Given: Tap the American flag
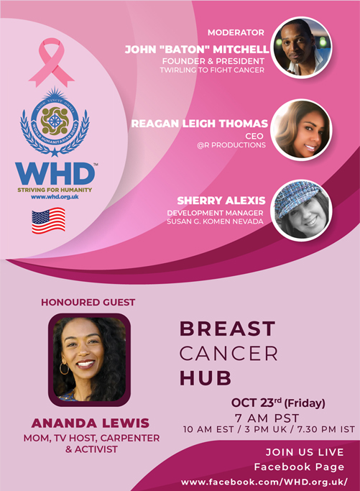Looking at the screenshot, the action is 49,221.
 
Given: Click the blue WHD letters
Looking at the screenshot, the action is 55,174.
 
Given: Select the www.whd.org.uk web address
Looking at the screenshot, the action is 55,197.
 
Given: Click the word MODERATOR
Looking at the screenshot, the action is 236,32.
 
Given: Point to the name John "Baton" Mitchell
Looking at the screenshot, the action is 197,50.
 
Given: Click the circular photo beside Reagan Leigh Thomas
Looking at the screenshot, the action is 302,130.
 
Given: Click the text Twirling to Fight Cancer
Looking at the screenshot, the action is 212,70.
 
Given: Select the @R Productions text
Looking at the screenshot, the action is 231,145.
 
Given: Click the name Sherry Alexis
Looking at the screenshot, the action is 221,201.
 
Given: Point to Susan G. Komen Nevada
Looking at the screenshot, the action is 215,221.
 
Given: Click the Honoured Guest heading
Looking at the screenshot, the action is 88,303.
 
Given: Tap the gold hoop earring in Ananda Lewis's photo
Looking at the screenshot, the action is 64,368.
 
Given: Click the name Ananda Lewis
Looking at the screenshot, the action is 91,423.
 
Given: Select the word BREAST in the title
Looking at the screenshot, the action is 228,329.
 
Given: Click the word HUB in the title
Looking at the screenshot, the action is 206,377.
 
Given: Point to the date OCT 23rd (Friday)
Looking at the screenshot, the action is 278,403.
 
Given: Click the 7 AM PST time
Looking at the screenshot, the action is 267,418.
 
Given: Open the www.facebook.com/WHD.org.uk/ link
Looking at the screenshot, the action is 264,482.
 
